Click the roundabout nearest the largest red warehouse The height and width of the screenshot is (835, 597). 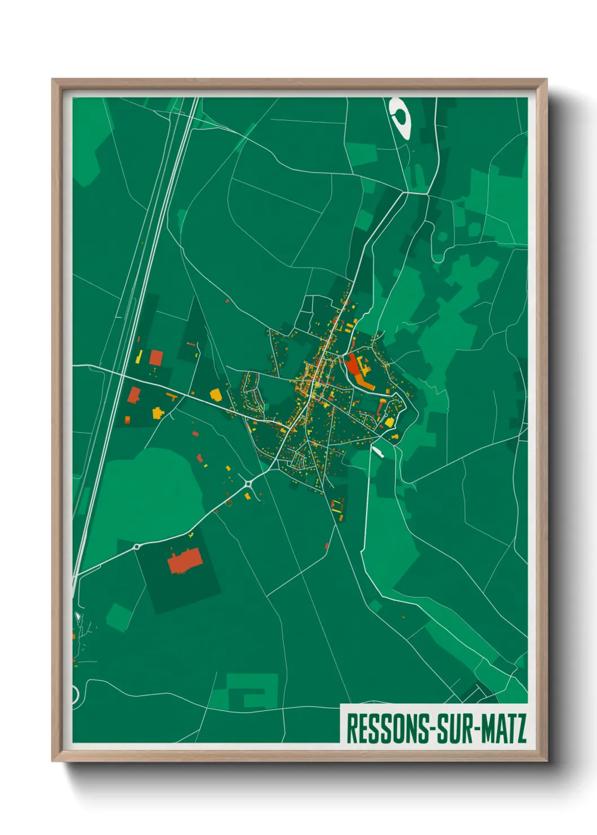[137, 546]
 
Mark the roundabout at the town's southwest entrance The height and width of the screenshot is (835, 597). [248, 483]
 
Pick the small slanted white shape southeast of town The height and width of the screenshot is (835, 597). [377, 451]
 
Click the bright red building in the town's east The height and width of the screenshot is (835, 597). [353, 364]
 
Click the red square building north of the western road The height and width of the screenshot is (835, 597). [156, 357]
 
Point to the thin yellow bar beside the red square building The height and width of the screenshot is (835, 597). [139, 357]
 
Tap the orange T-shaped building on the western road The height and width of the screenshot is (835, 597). [172, 396]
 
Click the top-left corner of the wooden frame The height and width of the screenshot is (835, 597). [53, 80]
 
